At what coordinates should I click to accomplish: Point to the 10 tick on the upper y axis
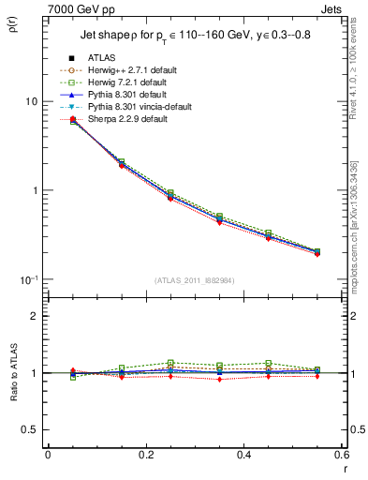point(31,101)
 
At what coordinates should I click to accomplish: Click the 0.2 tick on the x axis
point(146,455)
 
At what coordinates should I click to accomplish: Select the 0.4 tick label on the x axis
point(243,455)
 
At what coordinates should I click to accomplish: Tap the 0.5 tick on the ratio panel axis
point(31,429)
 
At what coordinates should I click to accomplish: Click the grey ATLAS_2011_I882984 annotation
point(196,281)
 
